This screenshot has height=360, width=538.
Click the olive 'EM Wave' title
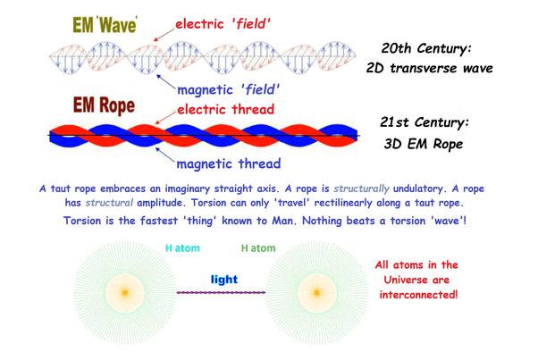(x=105, y=24)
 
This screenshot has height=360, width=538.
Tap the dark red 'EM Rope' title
(x=104, y=105)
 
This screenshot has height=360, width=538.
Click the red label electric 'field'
(x=223, y=24)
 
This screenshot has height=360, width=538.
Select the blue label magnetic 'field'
(x=229, y=90)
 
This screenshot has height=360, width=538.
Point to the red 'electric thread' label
(x=226, y=109)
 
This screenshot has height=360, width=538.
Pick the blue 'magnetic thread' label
(x=229, y=163)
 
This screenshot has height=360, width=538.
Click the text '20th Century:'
(x=426, y=48)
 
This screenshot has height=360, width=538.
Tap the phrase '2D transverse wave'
(x=429, y=68)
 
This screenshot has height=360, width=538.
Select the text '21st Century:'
(x=425, y=122)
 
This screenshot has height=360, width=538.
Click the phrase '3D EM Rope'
(x=424, y=144)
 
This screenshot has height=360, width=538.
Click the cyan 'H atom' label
(x=182, y=247)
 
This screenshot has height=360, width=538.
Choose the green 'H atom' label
(x=258, y=247)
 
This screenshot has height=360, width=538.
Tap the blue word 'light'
(x=224, y=280)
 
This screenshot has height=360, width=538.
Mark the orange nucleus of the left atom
(x=125, y=292)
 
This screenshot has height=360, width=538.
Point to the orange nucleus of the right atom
(x=316, y=292)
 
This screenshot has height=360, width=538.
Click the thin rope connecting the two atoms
(x=221, y=292)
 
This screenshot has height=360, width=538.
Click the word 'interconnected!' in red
(x=418, y=295)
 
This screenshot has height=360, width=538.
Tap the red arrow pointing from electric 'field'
(x=164, y=35)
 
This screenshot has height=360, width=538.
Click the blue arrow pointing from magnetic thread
(x=165, y=155)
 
